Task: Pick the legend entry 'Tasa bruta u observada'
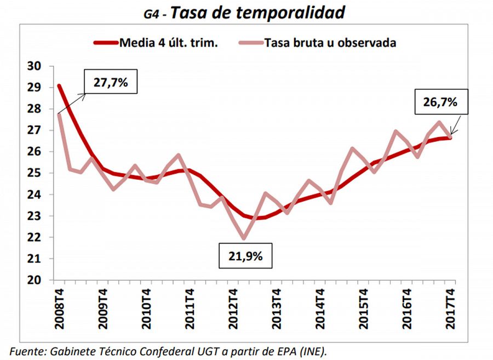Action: (x=330, y=43)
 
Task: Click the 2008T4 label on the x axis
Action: (x=59, y=310)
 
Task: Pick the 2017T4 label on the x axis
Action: (x=451, y=310)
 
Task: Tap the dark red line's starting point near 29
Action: (x=59, y=85)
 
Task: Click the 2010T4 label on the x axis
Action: (x=146, y=310)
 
